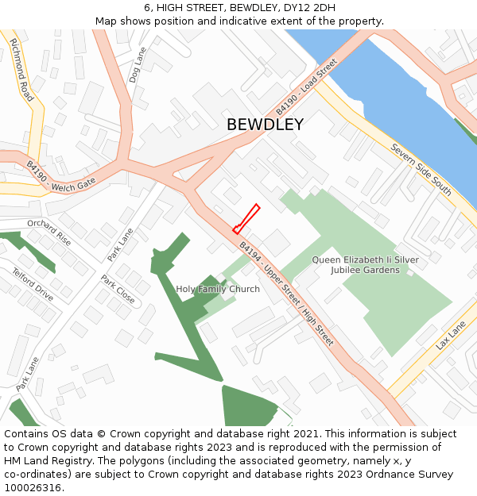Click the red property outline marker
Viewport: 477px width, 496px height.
pos(246,219)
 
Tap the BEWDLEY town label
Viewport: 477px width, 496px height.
pos(265,125)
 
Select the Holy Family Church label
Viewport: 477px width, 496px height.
pos(218,289)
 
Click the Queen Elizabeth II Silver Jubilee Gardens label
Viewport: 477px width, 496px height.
pos(365,265)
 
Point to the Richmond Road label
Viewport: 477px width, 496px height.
pos(22,71)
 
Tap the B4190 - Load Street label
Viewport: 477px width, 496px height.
pos(307,85)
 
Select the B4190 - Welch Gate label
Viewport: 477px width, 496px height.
pos(60,176)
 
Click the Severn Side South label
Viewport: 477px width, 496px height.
pos(421,170)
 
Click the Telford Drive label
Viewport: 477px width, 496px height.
pos(33,285)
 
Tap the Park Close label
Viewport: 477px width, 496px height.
pos(118,290)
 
